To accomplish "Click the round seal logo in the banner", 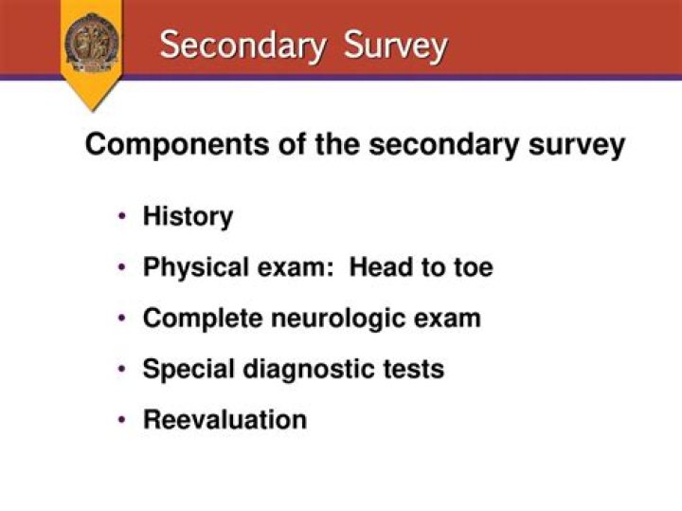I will pos(92,42).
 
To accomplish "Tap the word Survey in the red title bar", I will pos(396,45).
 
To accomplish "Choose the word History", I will pos(188,216).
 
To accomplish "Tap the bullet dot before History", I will pos(123,216).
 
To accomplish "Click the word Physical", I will pos(195,267).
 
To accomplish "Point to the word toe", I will pos(471,267).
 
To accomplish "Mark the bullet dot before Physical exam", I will pos(123,267).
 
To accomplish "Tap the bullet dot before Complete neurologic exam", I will pos(123,318).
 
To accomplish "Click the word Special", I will pos(186,369).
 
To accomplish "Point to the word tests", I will pos(415,369).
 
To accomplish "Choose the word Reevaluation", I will pos(224,419).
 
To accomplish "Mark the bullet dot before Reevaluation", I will pos(123,419).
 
